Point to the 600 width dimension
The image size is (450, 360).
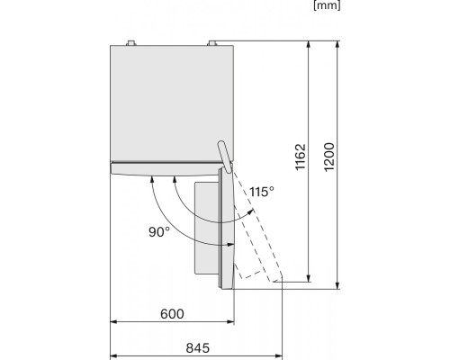[x=173, y=314]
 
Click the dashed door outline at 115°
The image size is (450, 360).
[x=259, y=243]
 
